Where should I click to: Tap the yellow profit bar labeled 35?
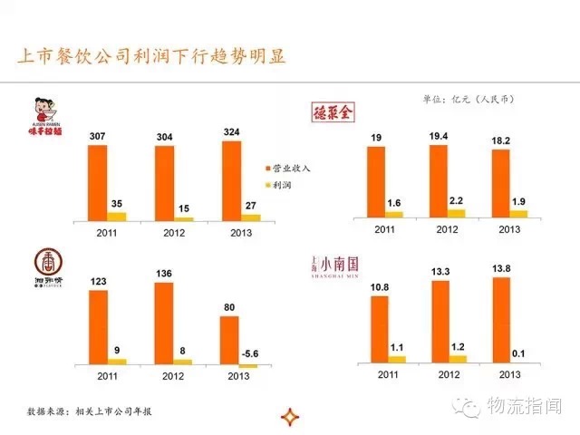(117, 216)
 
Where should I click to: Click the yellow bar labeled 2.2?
(456, 214)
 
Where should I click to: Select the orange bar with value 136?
(165, 324)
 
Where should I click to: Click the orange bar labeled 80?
(231, 340)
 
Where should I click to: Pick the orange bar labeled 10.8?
(379, 330)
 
